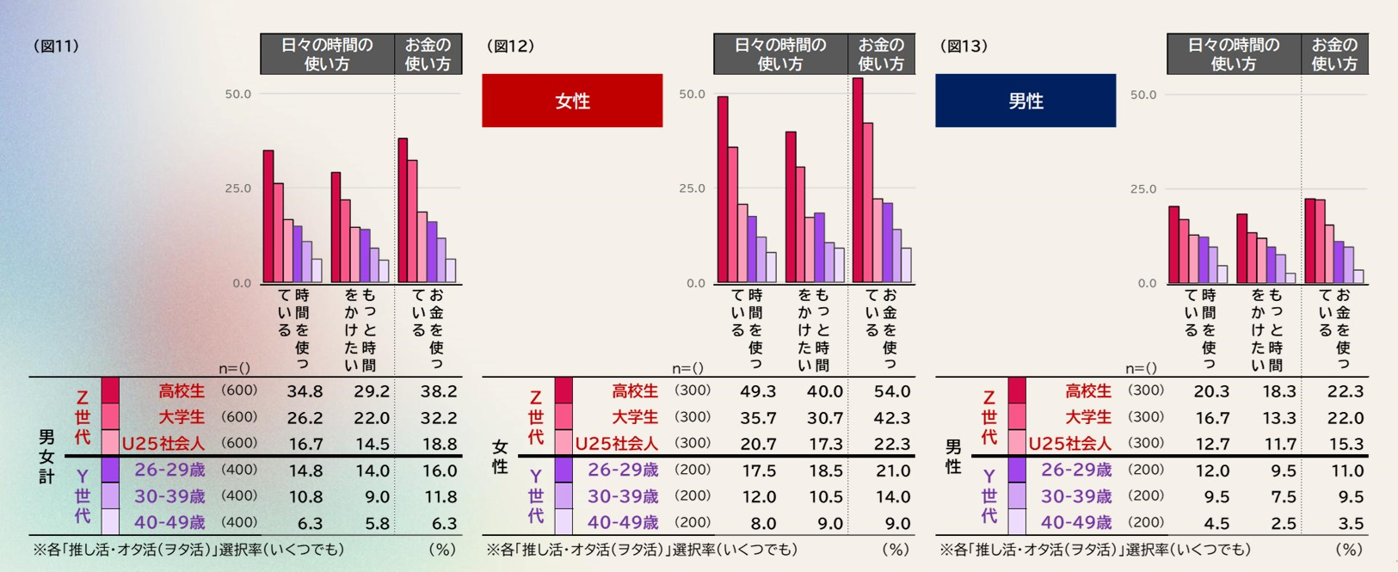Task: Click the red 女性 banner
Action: point(572,101)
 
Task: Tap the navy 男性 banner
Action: point(1025,101)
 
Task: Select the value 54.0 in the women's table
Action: point(891,391)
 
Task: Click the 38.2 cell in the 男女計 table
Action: point(438,391)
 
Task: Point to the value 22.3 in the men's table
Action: point(1346,391)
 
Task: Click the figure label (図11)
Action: point(56,46)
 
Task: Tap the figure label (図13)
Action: point(964,46)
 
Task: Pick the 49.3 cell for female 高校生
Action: point(758,391)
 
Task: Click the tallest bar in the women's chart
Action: point(858,180)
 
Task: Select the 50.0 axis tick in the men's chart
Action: point(1143,95)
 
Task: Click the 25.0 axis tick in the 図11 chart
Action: point(238,188)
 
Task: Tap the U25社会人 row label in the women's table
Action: point(616,444)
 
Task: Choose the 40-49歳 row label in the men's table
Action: point(1076,522)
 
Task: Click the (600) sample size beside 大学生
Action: point(239,417)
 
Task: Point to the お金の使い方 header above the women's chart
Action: point(881,53)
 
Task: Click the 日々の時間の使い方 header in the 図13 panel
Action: point(1234,53)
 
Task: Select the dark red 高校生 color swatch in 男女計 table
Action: point(110,391)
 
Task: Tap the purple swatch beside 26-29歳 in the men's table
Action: point(1017,470)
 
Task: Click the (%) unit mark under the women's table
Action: point(895,549)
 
